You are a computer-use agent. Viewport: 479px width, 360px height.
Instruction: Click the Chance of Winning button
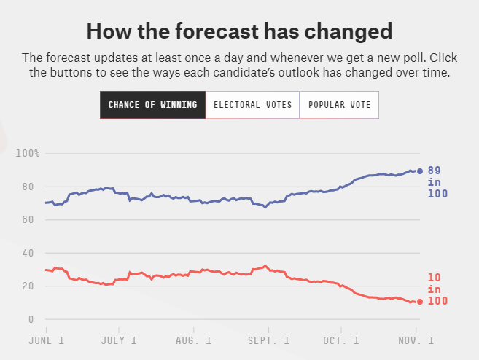click(152, 105)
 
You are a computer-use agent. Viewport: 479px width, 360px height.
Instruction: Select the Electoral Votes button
click(252, 105)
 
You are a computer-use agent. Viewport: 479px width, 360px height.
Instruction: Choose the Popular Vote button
click(339, 105)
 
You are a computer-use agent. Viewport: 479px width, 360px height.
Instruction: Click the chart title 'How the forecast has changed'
click(239, 31)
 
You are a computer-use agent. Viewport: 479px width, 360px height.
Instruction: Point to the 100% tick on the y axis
click(28, 153)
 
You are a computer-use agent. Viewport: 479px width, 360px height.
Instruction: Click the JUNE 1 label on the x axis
click(46, 340)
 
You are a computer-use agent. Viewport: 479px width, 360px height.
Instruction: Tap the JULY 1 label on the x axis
click(119, 340)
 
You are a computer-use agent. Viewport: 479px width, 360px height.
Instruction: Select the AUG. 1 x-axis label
click(195, 340)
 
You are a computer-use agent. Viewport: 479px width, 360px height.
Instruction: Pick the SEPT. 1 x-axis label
click(269, 340)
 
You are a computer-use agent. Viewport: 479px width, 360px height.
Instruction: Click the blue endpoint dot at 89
click(419, 171)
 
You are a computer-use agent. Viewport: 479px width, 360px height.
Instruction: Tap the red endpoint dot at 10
click(419, 302)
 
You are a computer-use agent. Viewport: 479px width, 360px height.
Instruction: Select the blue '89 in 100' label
click(438, 182)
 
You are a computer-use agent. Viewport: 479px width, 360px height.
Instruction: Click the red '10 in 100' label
click(438, 289)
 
